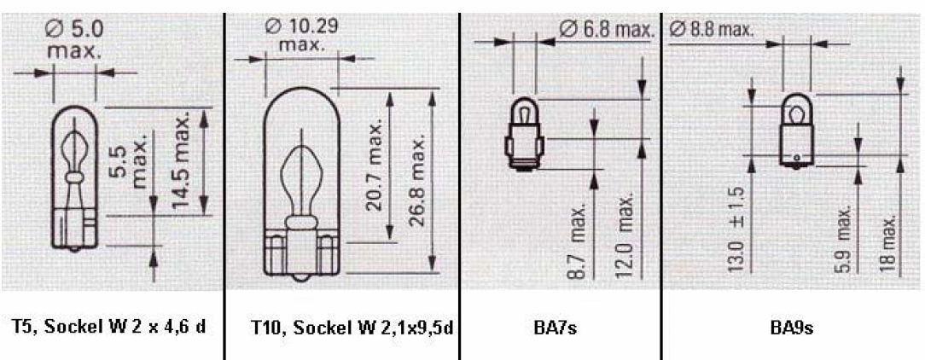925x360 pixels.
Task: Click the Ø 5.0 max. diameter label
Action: (74, 40)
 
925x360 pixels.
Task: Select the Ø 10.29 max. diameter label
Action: (300, 34)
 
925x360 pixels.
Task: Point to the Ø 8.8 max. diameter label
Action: (711, 29)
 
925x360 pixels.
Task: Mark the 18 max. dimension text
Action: (891, 242)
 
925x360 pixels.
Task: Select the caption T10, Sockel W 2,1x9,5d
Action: (341, 328)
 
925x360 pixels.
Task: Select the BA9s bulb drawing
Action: (796, 128)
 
